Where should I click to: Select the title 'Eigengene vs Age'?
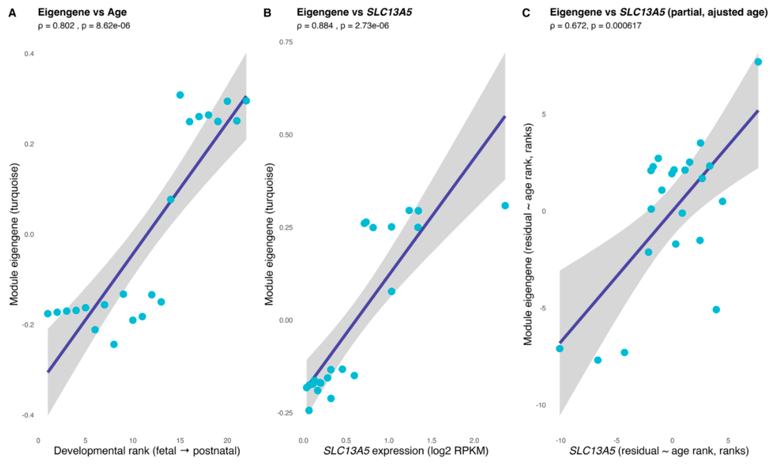point(82,12)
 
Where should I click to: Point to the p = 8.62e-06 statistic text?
point(106,26)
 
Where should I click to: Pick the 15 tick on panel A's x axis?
point(180,440)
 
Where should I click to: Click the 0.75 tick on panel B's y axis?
point(286,42)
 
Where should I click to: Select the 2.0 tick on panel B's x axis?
point(474,440)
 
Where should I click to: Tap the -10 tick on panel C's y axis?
point(540,405)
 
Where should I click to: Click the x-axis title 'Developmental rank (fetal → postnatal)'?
point(147,451)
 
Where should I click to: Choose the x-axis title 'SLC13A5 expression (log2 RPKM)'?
point(406,451)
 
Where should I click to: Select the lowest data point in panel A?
point(114,344)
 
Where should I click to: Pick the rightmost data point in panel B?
point(505,206)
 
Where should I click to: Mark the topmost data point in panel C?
point(758,62)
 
